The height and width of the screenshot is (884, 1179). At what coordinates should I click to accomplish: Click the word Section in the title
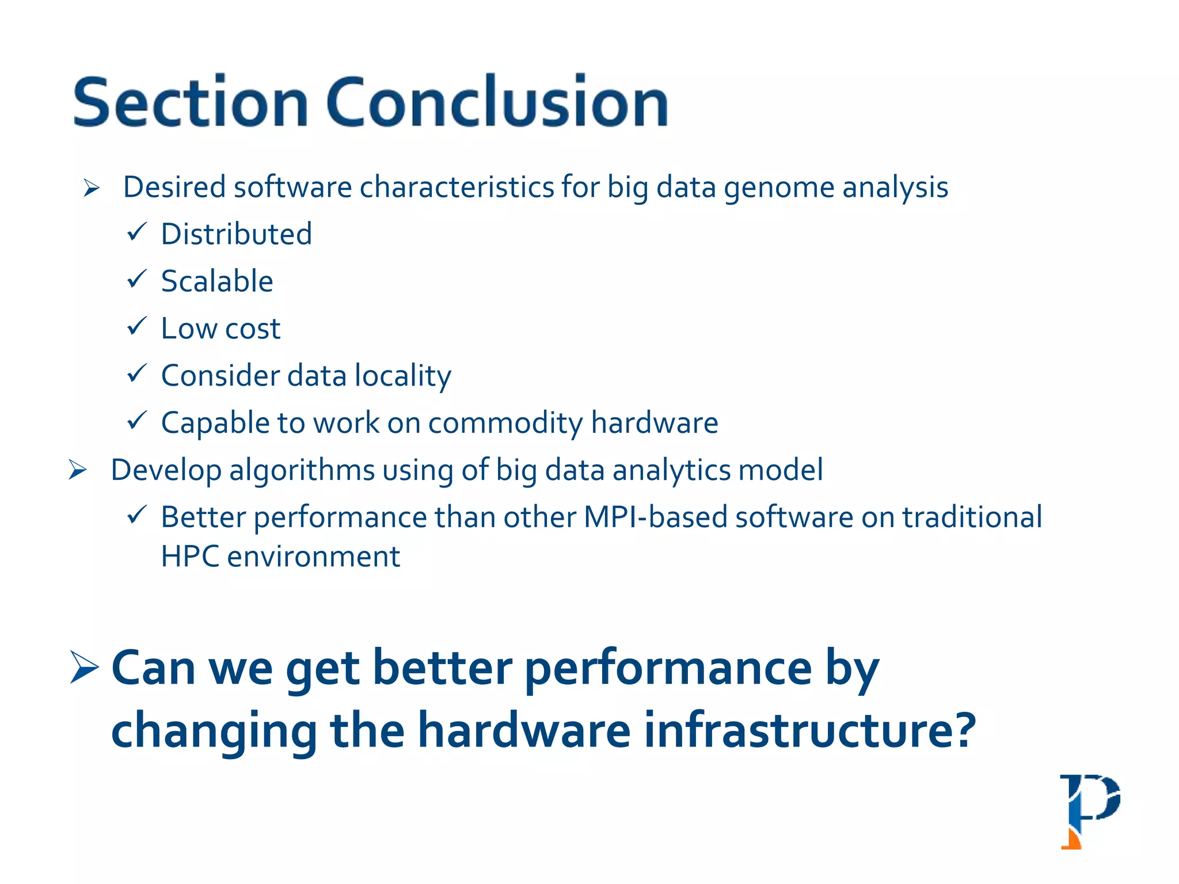[191, 102]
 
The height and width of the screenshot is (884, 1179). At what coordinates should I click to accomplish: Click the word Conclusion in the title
[497, 102]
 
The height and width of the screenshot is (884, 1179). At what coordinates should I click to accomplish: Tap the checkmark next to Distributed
[137, 232]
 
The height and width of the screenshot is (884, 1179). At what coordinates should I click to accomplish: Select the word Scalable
[217, 281]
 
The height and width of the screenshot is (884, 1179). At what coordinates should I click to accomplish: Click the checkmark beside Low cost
[137, 326]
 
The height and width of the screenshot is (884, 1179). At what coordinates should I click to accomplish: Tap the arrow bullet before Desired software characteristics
[92, 188]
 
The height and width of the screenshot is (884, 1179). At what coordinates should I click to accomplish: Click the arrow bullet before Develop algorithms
[78, 470]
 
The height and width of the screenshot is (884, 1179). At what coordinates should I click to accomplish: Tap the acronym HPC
[190, 557]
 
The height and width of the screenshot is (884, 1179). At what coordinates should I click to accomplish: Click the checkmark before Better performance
[137, 515]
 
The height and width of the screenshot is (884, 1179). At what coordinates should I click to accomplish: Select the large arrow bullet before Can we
[85, 668]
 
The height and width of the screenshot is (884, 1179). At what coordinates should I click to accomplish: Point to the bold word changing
[214, 731]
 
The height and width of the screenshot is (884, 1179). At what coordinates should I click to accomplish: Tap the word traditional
[972, 517]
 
